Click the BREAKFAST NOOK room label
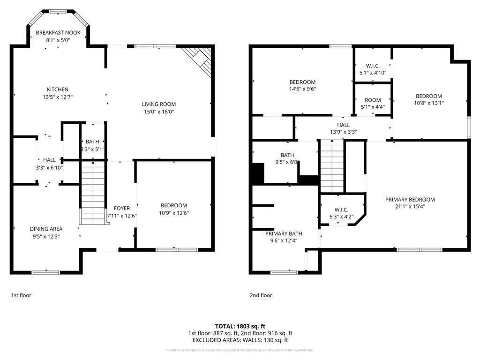[58, 33]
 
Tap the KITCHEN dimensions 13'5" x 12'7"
[58, 97]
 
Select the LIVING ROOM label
[159, 104]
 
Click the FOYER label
[121, 209]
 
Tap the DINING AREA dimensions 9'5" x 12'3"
[46, 236]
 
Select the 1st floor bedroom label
[173, 205]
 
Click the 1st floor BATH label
[92, 142]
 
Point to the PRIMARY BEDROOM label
[410, 199]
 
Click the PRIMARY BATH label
[284, 233]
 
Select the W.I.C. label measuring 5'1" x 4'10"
[373, 66]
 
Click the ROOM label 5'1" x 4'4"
[373, 100]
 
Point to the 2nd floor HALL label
[343, 125]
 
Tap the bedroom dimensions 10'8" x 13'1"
[428, 103]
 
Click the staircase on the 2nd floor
[332, 166]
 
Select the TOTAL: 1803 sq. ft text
[240, 326]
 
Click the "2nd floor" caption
[261, 295]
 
